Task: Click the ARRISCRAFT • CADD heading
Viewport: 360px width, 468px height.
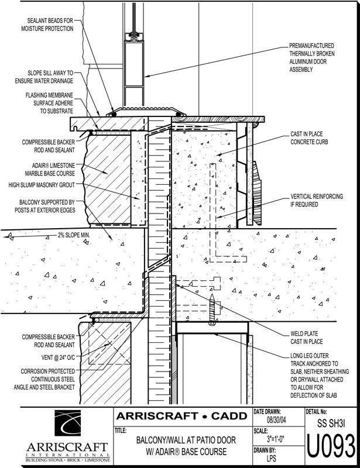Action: click(181, 416)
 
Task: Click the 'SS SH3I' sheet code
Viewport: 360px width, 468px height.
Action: click(331, 421)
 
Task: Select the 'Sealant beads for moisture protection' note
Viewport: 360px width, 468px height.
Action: click(47, 24)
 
